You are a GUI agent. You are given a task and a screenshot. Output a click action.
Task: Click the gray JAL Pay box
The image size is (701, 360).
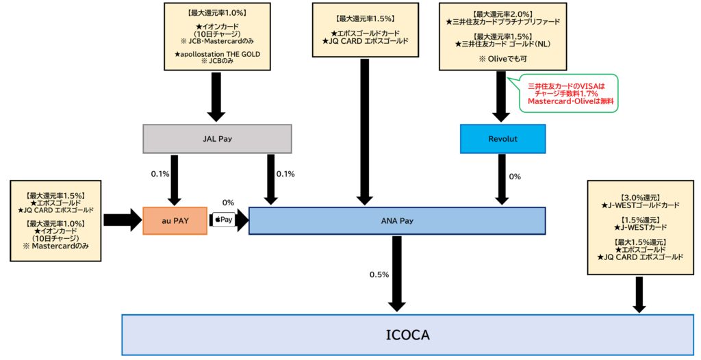(217, 139)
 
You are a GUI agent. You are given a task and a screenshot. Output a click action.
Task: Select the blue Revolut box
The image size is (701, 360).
(502, 139)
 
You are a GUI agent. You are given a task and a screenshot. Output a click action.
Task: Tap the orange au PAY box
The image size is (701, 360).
(175, 220)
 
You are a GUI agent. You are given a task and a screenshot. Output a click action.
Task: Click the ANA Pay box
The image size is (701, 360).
(397, 220)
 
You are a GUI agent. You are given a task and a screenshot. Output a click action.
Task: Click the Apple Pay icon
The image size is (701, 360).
(224, 220)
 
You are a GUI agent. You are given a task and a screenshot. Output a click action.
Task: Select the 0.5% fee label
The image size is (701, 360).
(379, 274)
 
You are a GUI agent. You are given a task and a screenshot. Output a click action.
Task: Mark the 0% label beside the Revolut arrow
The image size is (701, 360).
(515, 177)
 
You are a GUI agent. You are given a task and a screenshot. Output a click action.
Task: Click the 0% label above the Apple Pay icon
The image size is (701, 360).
(228, 203)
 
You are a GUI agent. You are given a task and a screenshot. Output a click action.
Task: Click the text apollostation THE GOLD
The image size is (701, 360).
(217, 53)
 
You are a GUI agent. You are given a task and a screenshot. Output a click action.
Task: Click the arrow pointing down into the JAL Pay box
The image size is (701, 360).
(217, 96)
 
